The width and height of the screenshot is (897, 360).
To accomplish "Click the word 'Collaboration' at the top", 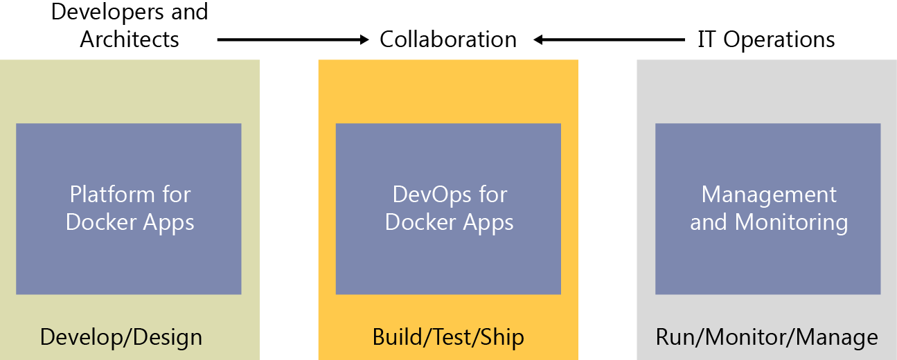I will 448,39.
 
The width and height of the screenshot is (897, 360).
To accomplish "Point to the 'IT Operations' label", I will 766,39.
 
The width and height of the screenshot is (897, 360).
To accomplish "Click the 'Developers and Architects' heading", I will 130,25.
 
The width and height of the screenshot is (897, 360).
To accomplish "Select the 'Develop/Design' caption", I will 121,337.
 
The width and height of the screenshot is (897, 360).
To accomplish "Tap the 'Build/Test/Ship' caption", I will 448,337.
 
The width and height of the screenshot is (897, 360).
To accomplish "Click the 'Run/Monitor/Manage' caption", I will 767,337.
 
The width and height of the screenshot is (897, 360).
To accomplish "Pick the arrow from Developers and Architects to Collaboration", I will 291,40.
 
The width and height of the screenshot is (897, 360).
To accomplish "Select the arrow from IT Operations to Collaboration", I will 610,40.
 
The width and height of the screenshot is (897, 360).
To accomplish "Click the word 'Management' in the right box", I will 769,195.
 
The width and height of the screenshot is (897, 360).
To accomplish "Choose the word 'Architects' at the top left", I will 130,39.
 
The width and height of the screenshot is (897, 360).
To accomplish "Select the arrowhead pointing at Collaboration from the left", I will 365,40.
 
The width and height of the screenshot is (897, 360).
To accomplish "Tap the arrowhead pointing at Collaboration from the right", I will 538,40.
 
